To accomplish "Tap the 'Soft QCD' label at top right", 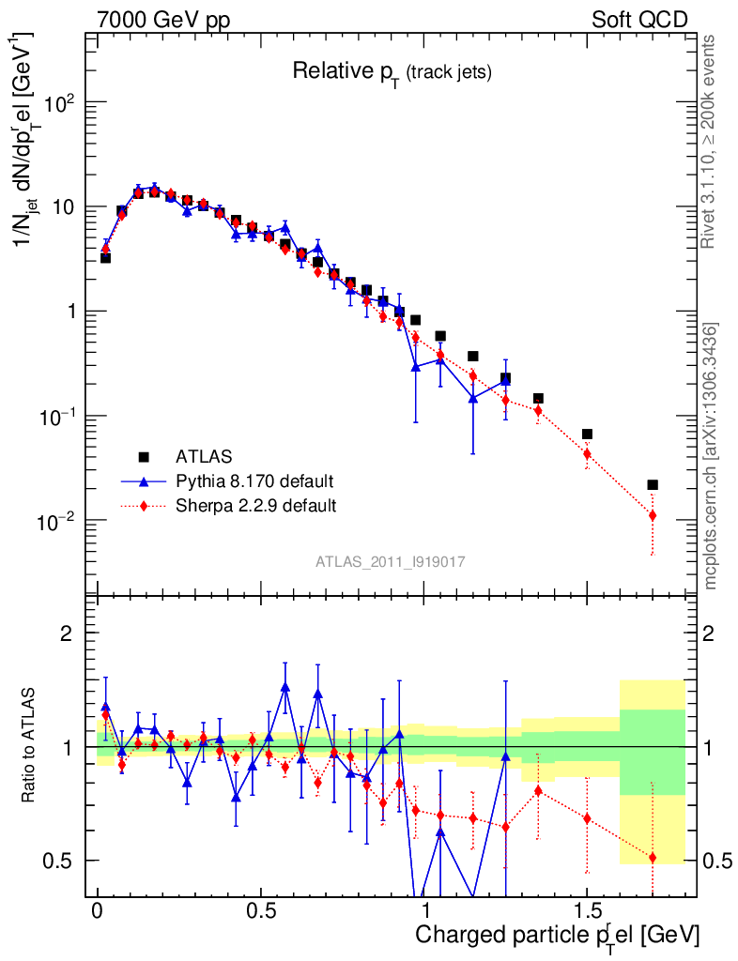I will (x=639, y=19).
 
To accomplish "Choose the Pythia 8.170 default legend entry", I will (x=254, y=481).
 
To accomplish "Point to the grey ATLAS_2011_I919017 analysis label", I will (x=391, y=561).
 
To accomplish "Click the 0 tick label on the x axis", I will (x=98, y=912).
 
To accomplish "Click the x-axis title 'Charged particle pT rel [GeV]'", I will (x=558, y=935).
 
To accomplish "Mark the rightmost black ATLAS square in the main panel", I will (x=653, y=485).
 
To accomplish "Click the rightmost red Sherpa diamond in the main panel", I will (x=653, y=515).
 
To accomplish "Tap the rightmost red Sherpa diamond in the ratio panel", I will (x=653, y=858).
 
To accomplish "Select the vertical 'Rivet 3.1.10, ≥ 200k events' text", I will (x=711, y=141).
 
